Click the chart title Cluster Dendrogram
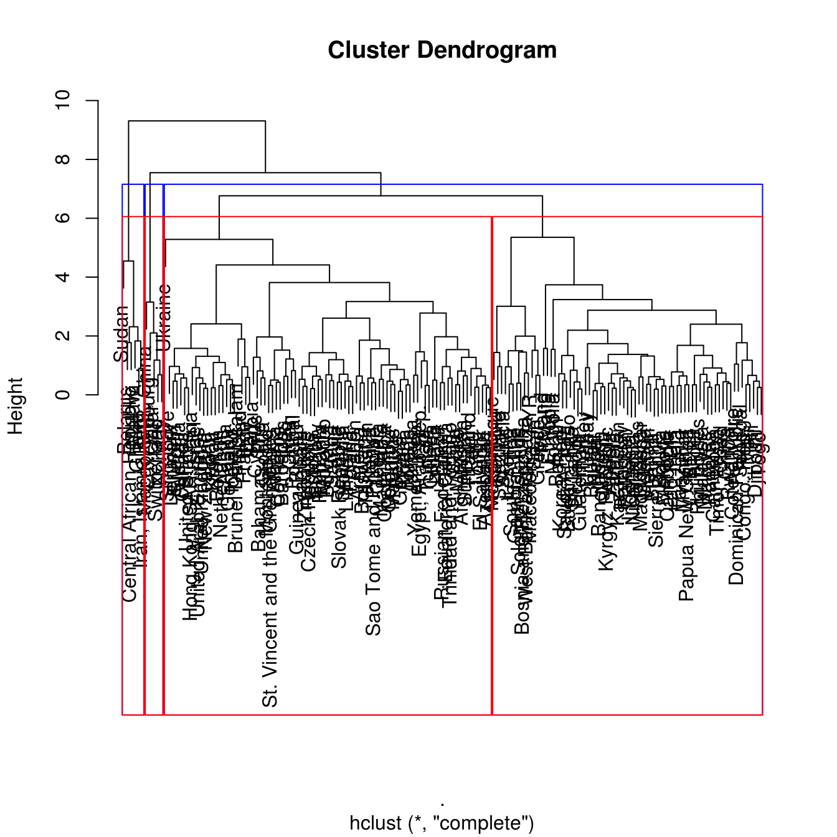pos(442,50)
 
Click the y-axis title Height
pos(15,405)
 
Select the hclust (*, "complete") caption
pos(442,823)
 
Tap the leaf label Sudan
pos(121,334)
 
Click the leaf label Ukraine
pos(164,318)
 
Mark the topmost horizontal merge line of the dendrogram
pos(197,121)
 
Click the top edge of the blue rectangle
pos(442,184)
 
